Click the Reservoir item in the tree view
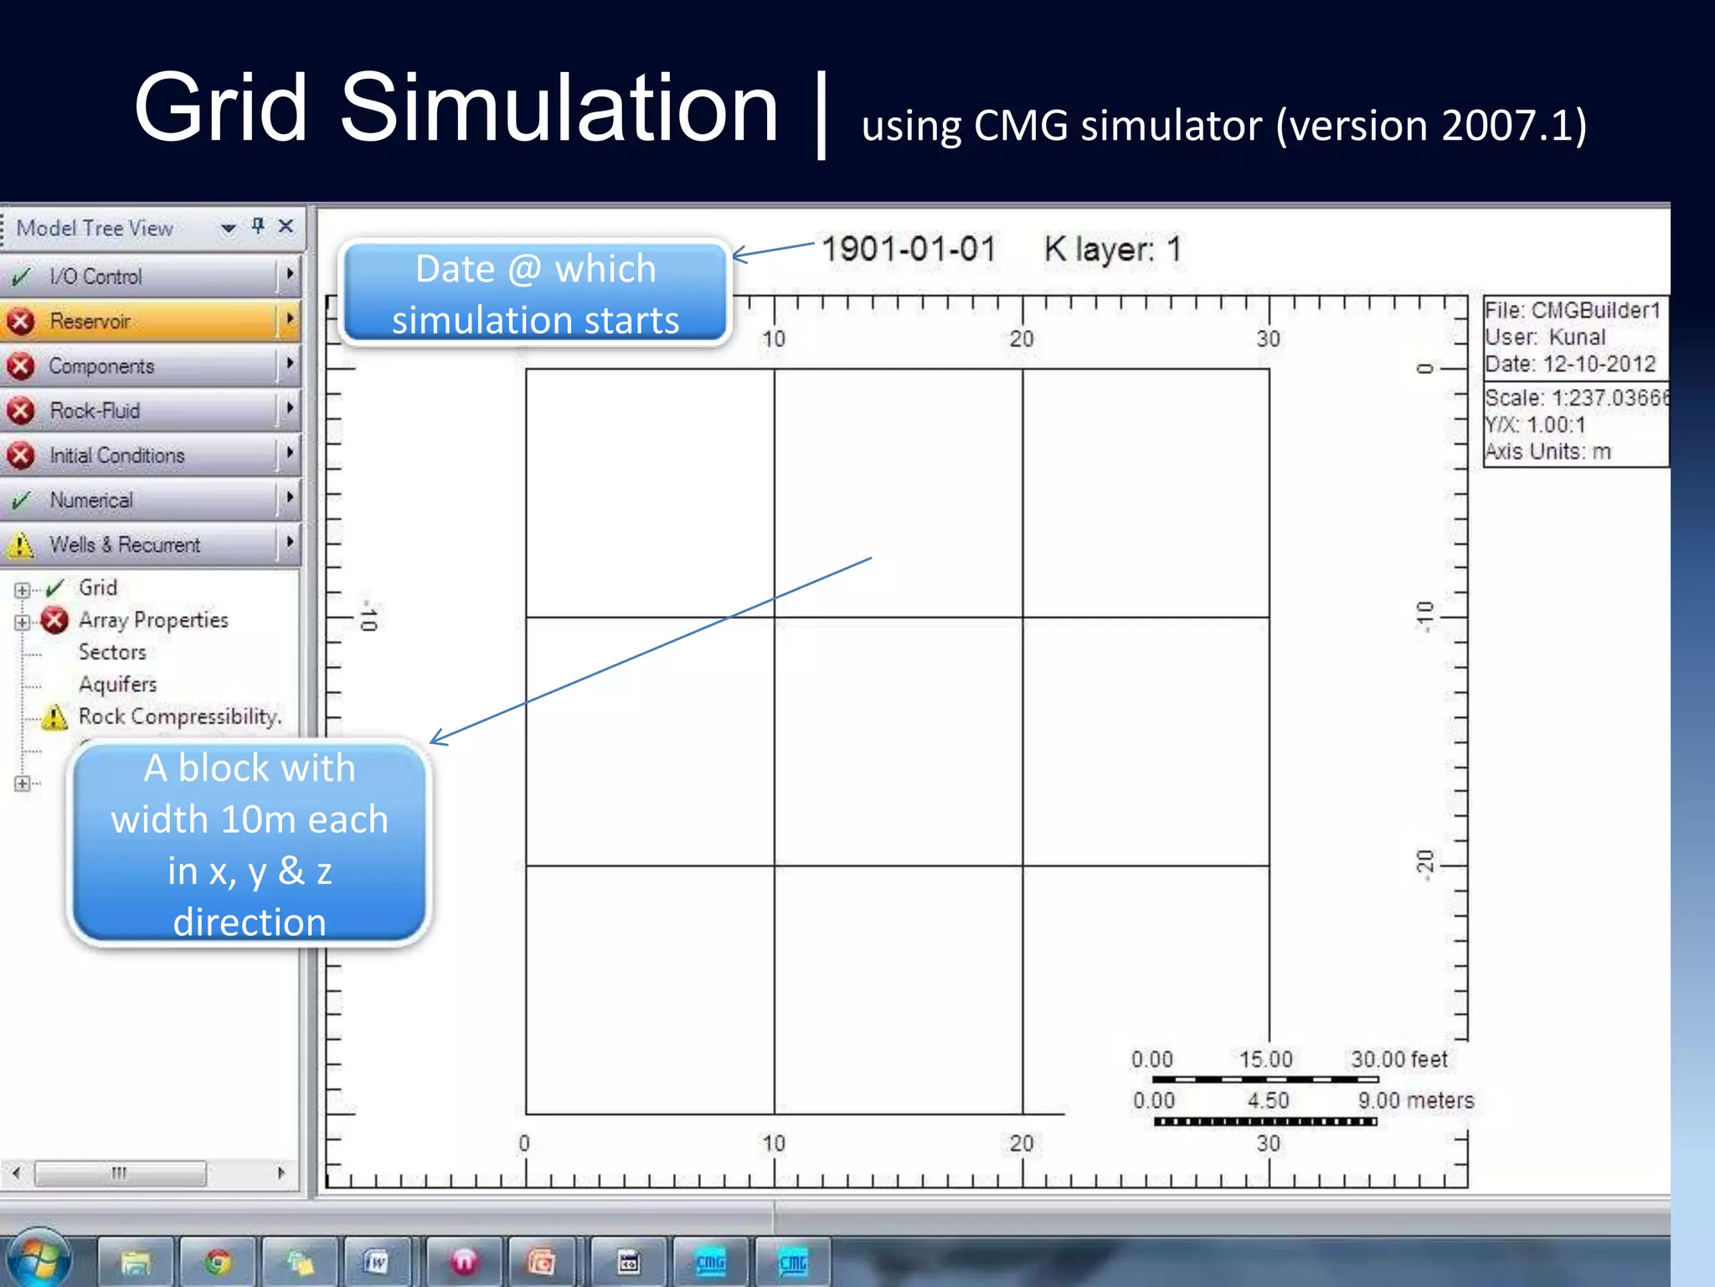[90, 321]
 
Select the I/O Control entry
[95, 277]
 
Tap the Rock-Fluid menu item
[95, 411]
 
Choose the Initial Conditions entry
[116, 455]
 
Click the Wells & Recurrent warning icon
[20, 545]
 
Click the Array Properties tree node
[153, 620]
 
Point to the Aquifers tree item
[117, 685]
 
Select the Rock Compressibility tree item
[179, 716]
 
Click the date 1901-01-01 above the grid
[909, 249]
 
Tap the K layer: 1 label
[1112, 249]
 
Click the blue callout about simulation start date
[536, 294]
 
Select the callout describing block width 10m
[250, 843]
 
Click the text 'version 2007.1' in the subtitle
[1430, 126]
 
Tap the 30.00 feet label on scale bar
[1398, 1059]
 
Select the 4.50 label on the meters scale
[1268, 1100]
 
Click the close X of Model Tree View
[286, 226]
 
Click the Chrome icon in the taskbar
[218, 1261]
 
